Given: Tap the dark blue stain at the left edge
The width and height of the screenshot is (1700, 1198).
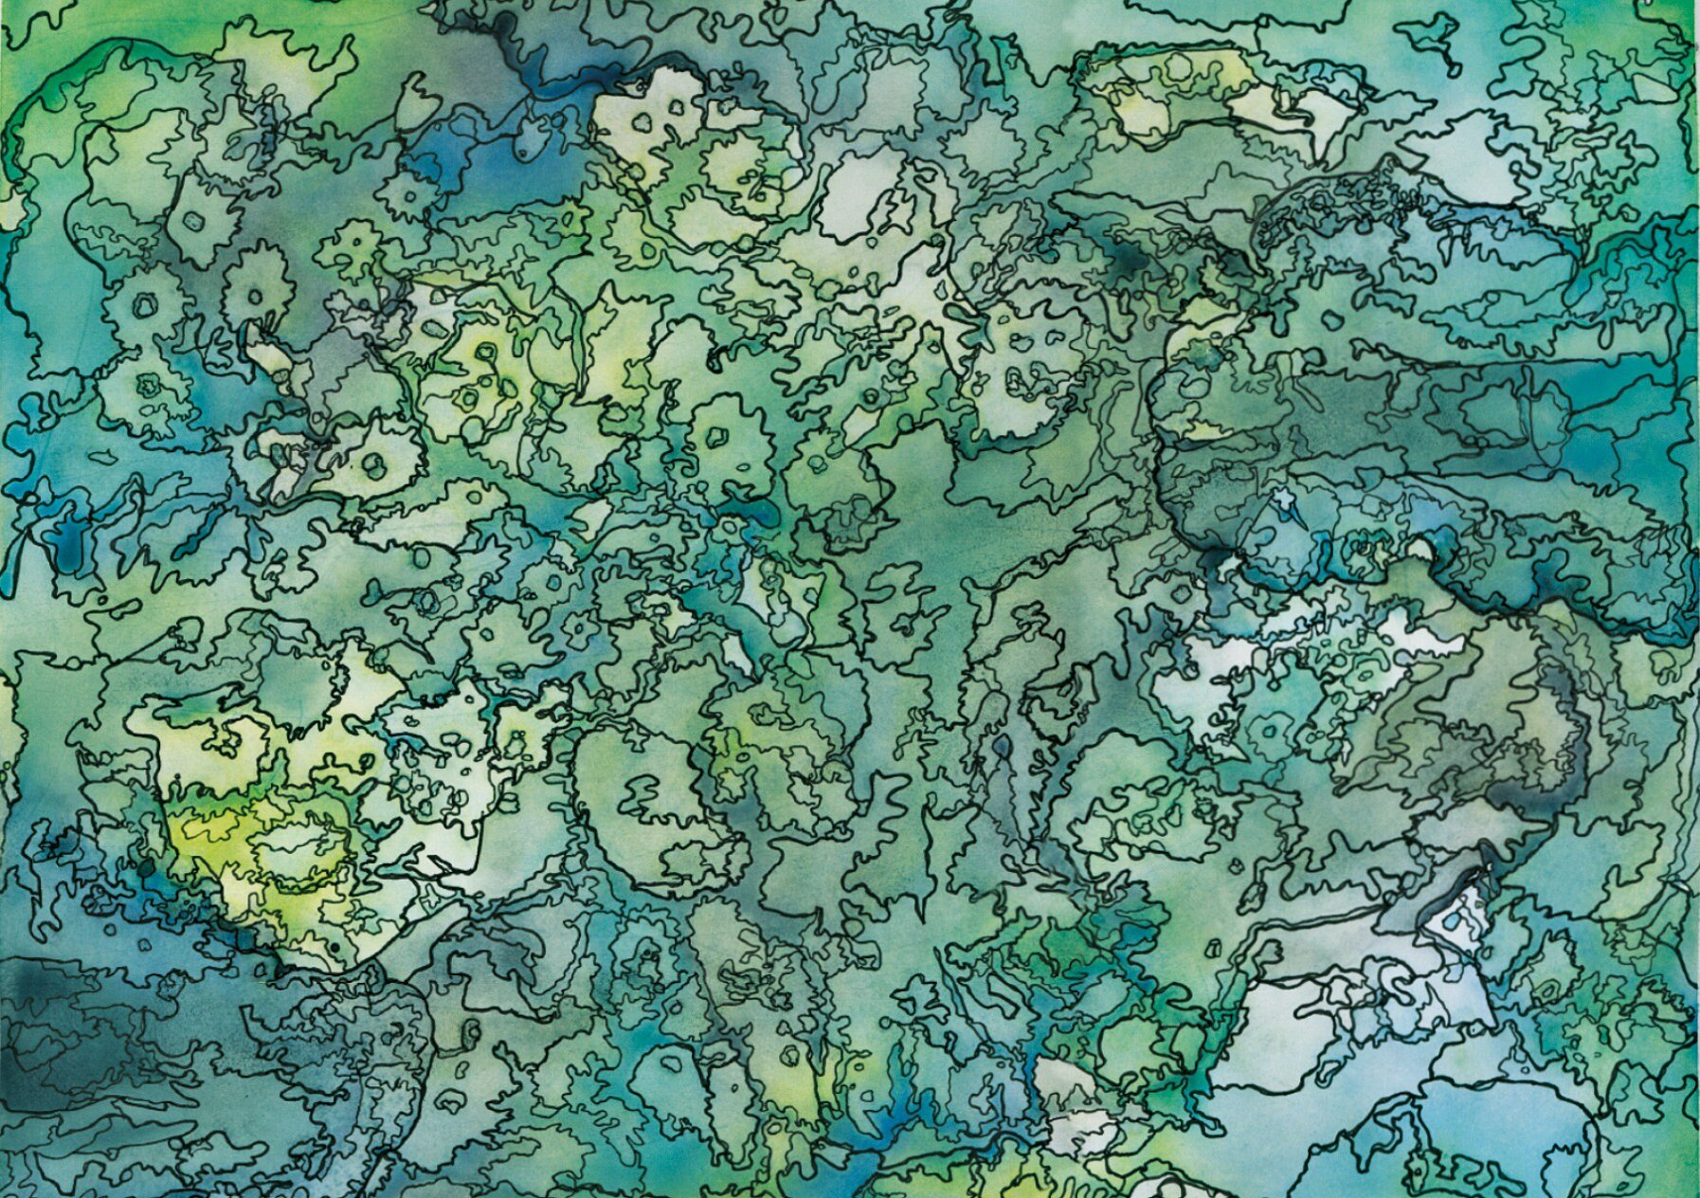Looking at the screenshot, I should pos(66,540).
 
